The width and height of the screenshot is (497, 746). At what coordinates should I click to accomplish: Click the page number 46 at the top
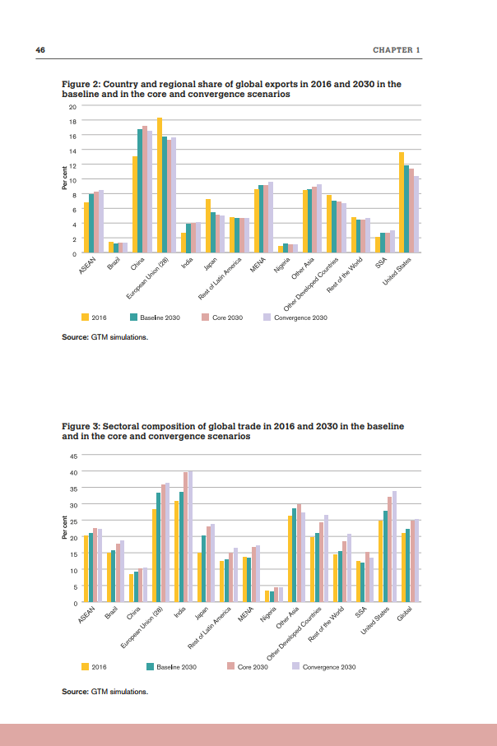click(x=39, y=50)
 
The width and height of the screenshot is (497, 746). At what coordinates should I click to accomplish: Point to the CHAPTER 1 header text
click(x=397, y=50)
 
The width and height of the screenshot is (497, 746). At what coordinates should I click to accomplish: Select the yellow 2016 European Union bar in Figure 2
click(x=159, y=186)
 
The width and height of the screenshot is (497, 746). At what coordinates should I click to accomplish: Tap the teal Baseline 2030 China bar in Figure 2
click(x=140, y=192)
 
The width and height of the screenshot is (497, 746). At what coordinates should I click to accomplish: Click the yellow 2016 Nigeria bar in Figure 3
click(x=267, y=596)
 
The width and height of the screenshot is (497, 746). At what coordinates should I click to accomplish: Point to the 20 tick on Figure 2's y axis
click(x=72, y=107)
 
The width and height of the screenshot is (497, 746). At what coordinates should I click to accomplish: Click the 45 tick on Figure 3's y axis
click(x=72, y=456)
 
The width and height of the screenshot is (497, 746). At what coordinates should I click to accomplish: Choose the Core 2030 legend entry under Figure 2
click(x=223, y=317)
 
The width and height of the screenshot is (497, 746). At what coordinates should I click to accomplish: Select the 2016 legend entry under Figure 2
click(x=96, y=317)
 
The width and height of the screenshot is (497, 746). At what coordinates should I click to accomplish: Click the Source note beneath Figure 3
click(x=105, y=692)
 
